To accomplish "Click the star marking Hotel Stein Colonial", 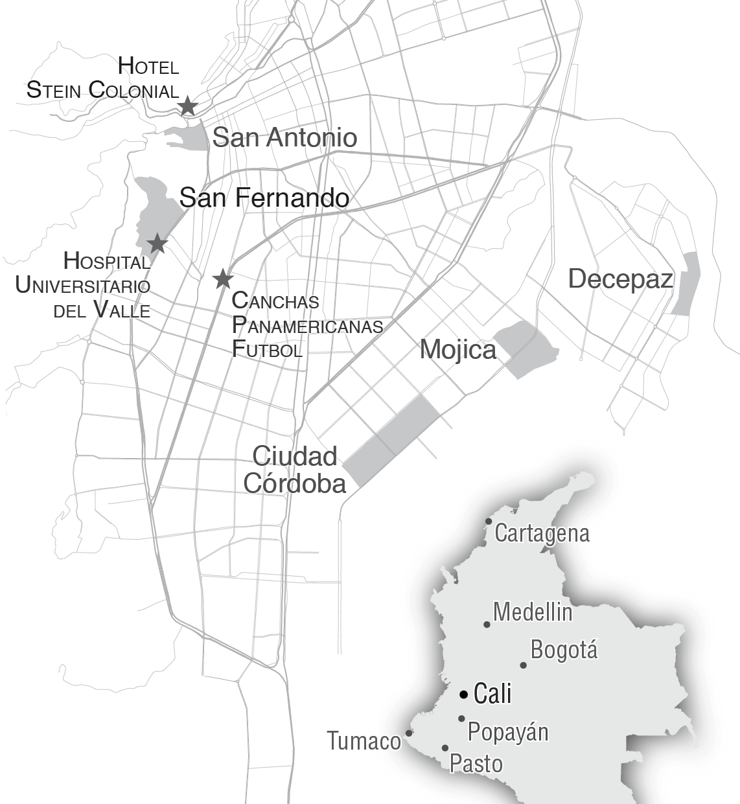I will (187, 106).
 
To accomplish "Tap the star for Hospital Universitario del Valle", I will (157, 244).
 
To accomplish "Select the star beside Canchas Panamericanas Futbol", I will (223, 279).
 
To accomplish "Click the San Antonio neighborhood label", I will (284, 137).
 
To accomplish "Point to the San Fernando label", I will (264, 198).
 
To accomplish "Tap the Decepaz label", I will (620, 279).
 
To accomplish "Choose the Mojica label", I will (457, 350).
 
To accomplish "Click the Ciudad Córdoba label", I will (295, 470).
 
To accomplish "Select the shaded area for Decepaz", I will (685, 284).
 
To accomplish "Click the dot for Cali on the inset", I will (463, 695).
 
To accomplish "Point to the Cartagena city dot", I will (489, 522).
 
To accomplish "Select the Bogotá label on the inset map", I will (563, 650).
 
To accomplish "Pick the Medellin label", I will (532, 612).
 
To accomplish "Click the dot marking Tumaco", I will (409, 733).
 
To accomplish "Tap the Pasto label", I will (476, 763).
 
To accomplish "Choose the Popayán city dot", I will (461, 718).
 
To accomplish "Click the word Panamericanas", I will (307, 325).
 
